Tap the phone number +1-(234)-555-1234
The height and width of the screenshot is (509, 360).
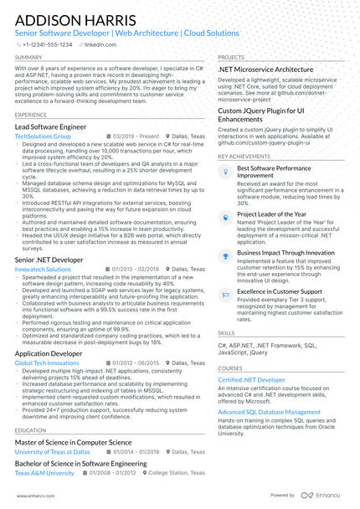pyautogui.click(x=48, y=44)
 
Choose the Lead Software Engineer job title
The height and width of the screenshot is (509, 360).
pyautogui.click(x=50, y=126)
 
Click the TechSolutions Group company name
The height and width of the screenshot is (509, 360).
pyautogui.click(x=43, y=135)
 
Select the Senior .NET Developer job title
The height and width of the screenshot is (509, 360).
pyautogui.click(x=49, y=260)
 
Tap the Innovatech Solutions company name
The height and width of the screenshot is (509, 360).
pyautogui.click(x=43, y=270)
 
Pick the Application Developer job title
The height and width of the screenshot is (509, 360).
pyautogui.click(x=49, y=354)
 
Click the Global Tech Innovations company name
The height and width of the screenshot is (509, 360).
pyautogui.click(x=47, y=363)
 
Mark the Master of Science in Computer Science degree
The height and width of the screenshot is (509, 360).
pyautogui.click(x=73, y=442)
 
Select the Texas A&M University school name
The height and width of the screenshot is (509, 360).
pyautogui.click(x=44, y=473)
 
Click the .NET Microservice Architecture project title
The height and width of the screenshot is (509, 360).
pyautogui.click(x=265, y=69)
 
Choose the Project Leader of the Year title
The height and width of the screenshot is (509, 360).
pyautogui.click(x=271, y=214)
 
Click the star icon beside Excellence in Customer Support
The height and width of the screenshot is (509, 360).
pyautogui.click(x=224, y=293)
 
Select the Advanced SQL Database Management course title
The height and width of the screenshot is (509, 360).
pyautogui.click(x=269, y=413)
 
